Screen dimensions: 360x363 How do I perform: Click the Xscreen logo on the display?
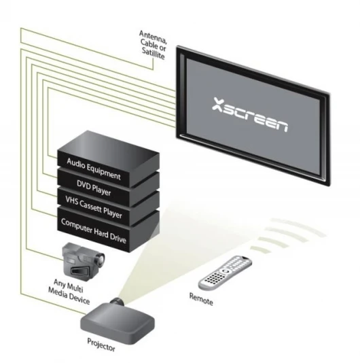tap(250, 115)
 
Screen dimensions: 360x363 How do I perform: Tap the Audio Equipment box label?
tap(94, 169)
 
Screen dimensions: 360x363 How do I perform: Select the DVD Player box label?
tap(94, 188)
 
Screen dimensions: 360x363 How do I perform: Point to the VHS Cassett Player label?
tap(94, 207)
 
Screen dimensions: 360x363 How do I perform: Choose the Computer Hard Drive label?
tap(94, 231)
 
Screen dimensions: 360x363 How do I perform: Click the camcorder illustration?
tap(84, 259)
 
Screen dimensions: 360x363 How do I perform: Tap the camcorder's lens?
tap(99, 258)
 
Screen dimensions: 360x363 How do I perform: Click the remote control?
tap(225, 272)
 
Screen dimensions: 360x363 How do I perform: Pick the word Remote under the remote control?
tap(201, 299)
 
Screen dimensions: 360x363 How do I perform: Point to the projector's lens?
tap(118, 301)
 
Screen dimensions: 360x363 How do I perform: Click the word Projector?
tap(101, 345)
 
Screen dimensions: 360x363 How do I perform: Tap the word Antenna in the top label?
tap(153, 37)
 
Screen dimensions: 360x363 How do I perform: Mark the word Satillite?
tap(153, 54)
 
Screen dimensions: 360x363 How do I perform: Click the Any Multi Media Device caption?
tap(69, 291)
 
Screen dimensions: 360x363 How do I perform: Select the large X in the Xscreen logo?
tap(218, 104)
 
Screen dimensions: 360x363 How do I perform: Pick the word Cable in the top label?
tap(148, 44)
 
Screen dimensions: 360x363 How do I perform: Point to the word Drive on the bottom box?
tap(118, 239)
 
